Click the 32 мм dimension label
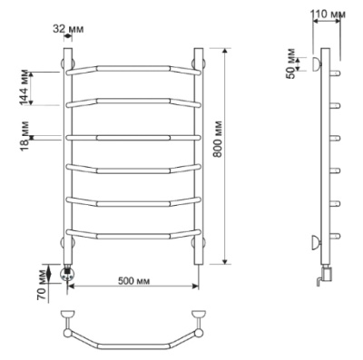(x=68, y=29)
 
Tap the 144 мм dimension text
(x=25, y=88)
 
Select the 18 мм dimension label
(x=25, y=136)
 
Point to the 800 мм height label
(x=218, y=139)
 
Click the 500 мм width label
(x=134, y=281)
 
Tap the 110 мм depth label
(x=328, y=14)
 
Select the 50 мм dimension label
(x=291, y=63)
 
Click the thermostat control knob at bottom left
(x=67, y=274)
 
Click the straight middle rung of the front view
(x=133, y=138)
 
